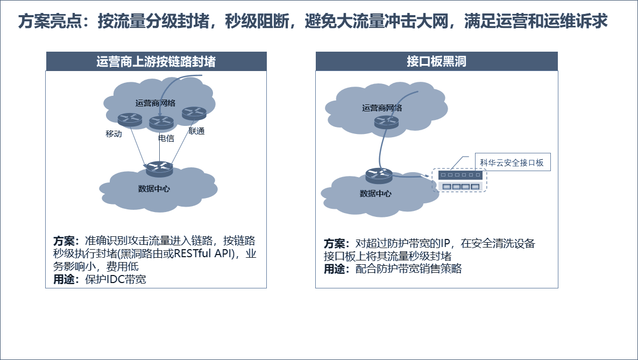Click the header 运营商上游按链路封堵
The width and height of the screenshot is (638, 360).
point(156,61)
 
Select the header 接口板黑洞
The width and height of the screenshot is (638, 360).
point(437,61)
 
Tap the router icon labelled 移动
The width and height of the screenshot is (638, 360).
point(130,119)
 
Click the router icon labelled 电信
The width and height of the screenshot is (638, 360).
point(161,123)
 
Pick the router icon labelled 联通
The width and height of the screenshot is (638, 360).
point(194,113)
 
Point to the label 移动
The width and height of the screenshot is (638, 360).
point(114,133)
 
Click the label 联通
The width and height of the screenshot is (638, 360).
point(196,131)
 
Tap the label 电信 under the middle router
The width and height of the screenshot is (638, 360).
point(166,138)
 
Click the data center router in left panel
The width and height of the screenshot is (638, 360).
point(159,168)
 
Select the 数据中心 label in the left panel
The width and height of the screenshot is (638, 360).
point(154,188)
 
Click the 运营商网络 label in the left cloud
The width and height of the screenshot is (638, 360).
point(155,103)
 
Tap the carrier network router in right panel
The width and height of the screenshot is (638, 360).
point(386,122)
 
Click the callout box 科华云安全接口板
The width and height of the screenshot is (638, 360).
point(513,162)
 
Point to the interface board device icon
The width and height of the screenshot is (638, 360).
point(460,180)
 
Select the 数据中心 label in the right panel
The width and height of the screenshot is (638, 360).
point(375,193)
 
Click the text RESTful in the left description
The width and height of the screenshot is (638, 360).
point(193,253)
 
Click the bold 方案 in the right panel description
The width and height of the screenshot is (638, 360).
point(334,244)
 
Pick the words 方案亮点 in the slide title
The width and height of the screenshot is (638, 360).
point(50,21)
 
